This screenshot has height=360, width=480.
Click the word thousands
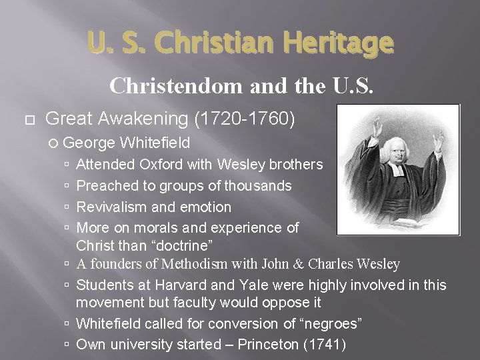tap(257, 185)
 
